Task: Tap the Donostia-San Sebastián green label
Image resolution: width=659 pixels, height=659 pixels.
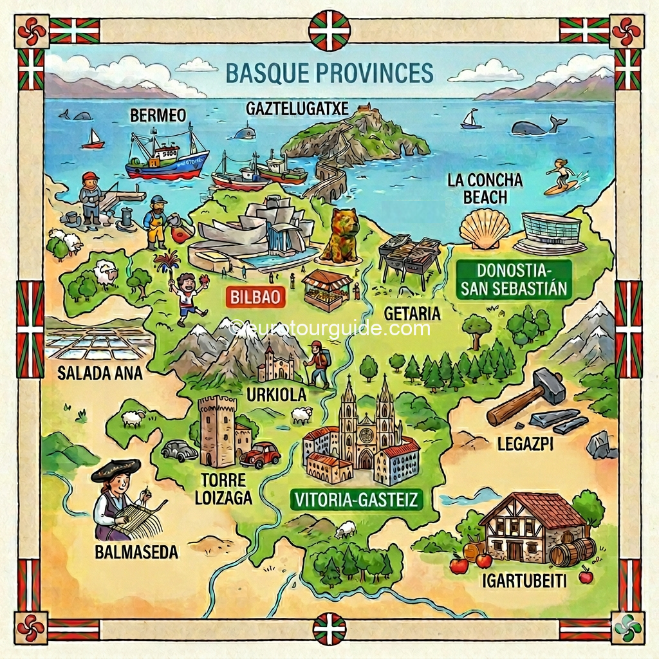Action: click(x=514, y=279)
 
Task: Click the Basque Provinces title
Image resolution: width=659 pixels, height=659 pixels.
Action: click(x=329, y=73)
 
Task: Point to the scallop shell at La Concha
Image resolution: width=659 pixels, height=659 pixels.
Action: click(x=485, y=228)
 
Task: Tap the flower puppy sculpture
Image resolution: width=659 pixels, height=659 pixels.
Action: click(x=340, y=235)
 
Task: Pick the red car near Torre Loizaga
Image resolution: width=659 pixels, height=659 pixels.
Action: click(x=261, y=454)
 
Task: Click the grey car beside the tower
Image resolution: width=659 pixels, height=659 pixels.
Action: click(x=179, y=450)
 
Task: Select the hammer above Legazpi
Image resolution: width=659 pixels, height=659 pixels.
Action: click(x=524, y=396)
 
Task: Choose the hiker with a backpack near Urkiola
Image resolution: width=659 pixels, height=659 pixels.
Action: click(x=317, y=364)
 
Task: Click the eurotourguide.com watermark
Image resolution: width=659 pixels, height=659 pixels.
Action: click(x=329, y=329)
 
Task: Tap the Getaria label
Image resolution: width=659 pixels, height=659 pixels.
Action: click(x=412, y=313)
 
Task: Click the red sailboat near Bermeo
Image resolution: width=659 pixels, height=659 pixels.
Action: click(x=93, y=140)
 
